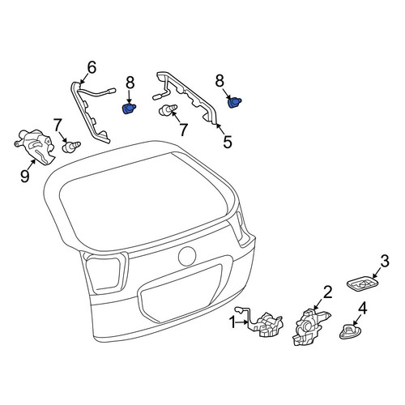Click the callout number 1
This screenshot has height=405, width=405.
(232, 322)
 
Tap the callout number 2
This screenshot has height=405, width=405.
(327, 292)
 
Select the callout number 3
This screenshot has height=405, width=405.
(384, 262)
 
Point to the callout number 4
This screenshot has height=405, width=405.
(362, 309)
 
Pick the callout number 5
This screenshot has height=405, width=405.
(228, 142)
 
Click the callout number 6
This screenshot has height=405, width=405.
(92, 67)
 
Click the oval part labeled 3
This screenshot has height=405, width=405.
(362, 285)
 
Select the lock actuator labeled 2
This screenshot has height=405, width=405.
(309, 327)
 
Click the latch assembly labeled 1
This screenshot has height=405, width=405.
(266, 325)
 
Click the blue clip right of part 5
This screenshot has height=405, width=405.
(234, 103)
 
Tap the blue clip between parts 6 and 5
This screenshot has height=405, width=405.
(129, 109)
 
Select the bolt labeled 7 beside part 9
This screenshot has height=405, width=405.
(71, 146)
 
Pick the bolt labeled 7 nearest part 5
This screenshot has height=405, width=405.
(168, 109)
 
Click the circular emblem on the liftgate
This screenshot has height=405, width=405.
(187, 256)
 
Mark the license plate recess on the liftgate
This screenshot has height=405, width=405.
(181, 294)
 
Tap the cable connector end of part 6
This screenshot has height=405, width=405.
(111, 91)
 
